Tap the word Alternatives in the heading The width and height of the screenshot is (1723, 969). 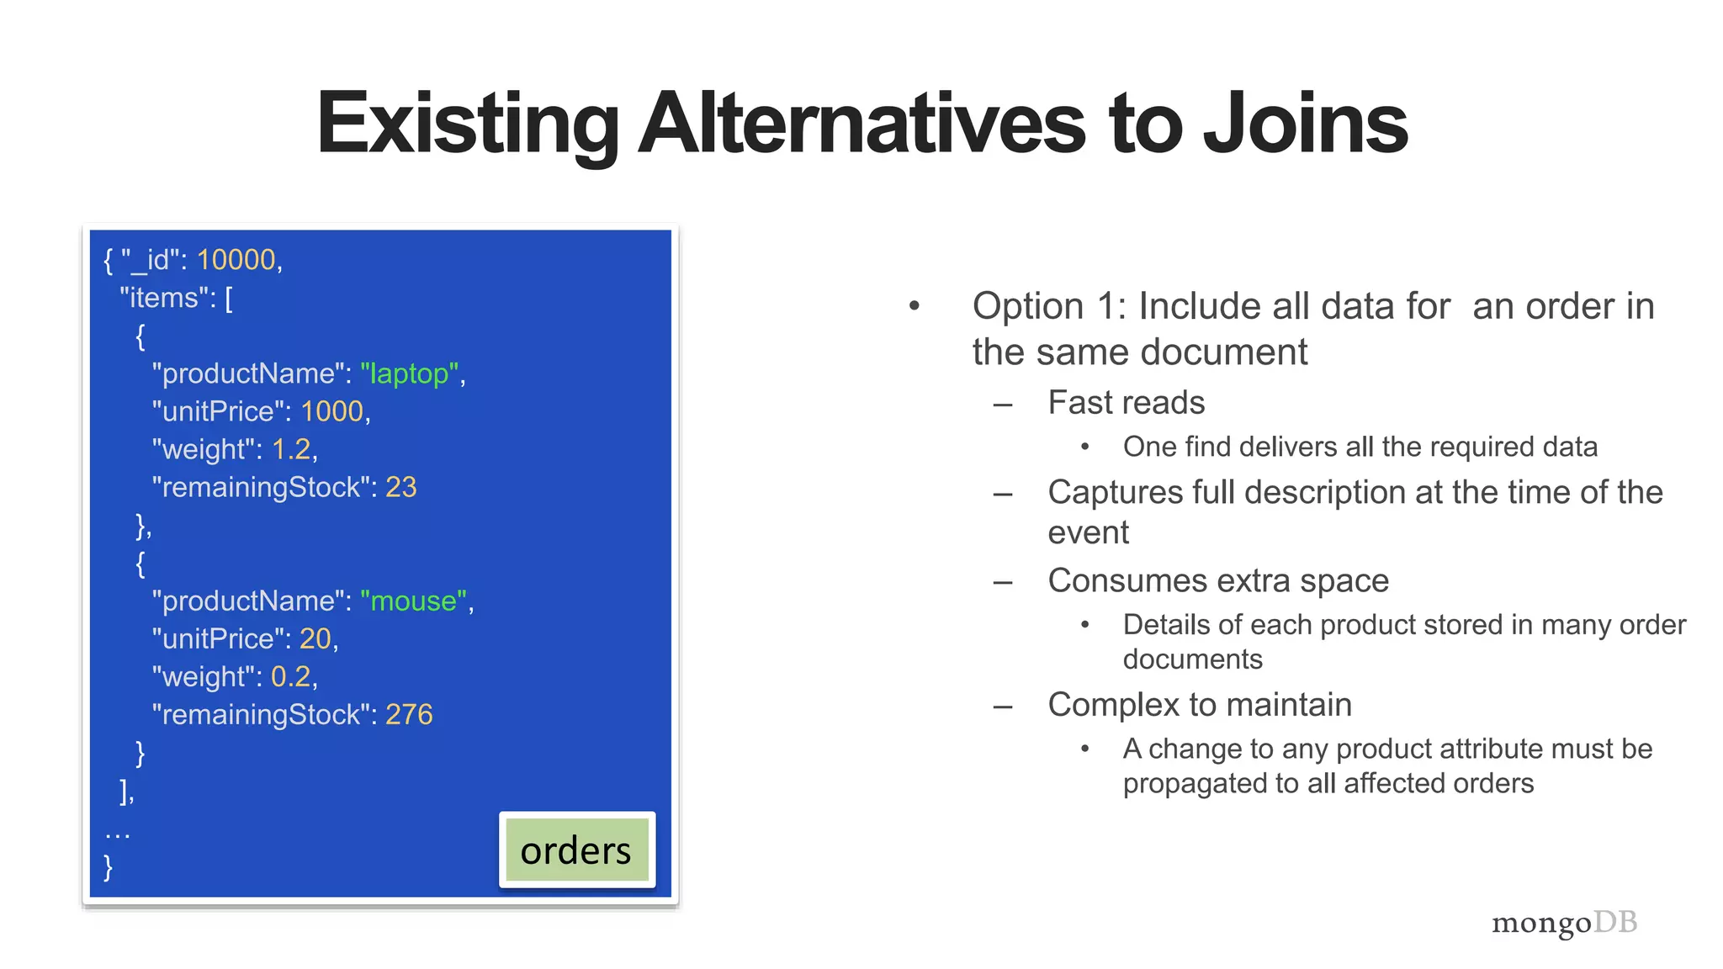[x=862, y=124]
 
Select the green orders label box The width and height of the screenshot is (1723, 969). [x=576, y=850]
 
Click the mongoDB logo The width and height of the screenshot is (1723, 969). [x=1564, y=923]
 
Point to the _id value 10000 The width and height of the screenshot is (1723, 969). [x=236, y=260]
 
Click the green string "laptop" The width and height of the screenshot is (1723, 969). [x=410, y=373]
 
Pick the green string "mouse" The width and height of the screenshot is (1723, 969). [x=414, y=601]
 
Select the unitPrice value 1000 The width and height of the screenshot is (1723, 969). [x=332, y=411]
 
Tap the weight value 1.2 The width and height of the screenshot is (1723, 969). [x=291, y=449]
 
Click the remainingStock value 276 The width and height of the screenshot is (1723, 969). [x=409, y=714]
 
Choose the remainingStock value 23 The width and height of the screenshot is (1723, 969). [x=401, y=487]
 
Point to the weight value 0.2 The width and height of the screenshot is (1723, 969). [x=291, y=676]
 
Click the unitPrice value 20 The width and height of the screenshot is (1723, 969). [x=315, y=638]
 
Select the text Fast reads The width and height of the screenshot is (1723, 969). [x=1126, y=403]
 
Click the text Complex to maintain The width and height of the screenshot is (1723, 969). [x=1200, y=705]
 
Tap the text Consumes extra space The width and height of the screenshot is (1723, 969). [x=1217, y=580]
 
